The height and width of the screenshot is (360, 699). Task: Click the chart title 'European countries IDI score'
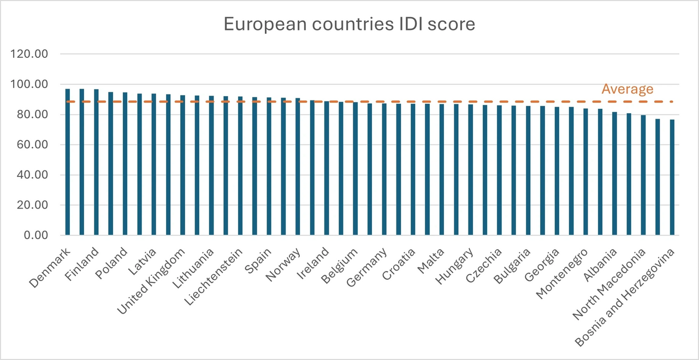349,25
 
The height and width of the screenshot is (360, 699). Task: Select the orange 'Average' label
627,89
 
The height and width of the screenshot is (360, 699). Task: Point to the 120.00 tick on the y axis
34,54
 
